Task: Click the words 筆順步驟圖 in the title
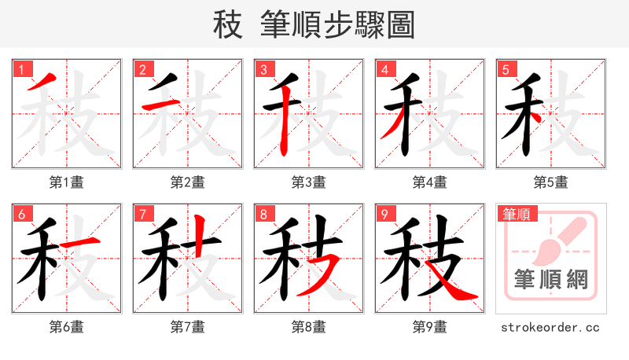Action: click(x=338, y=25)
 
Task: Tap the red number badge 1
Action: click(x=20, y=69)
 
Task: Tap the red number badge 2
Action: click(x=142, y=69)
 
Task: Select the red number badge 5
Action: click(x=505, y=69)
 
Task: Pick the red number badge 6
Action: click(x=20, y=214)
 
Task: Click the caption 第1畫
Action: click(x=66, y=182)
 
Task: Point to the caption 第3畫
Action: click(x=308, y=182)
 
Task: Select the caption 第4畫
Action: click(x=429, y=182)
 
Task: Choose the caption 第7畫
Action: click(x=187, y=327)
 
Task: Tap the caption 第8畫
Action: click(x=308, y=327)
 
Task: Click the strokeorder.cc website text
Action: click(x=550, y=327)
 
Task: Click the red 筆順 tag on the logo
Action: click(x=517, y=213)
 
